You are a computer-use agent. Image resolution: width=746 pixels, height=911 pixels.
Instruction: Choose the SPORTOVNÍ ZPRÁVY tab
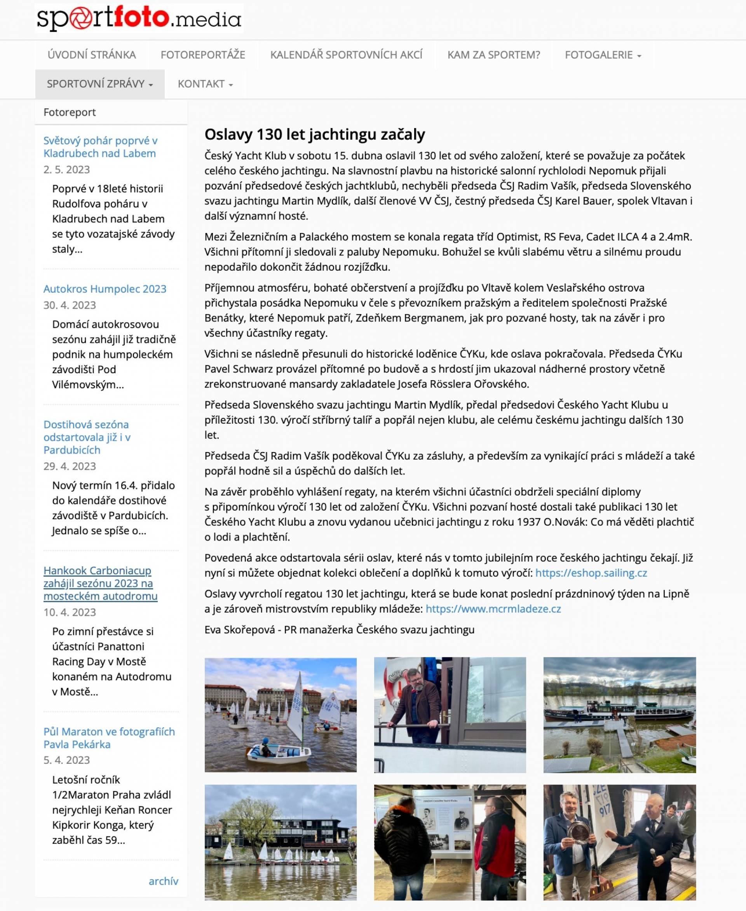100,84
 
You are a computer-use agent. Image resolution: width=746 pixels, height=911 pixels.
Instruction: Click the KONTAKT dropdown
205,84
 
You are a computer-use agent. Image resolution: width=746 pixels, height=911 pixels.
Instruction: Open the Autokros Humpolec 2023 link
105,289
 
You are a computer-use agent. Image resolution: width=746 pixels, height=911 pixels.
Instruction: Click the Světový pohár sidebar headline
100,147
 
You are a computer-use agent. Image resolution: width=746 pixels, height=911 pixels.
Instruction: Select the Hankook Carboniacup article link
100,583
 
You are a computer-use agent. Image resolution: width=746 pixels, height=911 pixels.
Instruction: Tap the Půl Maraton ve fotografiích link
109,737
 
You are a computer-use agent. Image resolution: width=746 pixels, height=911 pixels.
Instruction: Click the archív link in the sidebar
163,881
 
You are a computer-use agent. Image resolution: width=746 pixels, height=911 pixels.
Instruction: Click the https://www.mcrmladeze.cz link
493,608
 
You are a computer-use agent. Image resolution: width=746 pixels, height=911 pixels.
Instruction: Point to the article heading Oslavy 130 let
315,134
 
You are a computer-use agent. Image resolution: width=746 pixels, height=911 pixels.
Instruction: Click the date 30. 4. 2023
70,305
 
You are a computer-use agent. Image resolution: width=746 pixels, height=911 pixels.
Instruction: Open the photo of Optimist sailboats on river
280,715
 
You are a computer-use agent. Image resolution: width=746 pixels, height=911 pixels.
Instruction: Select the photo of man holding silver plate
619,842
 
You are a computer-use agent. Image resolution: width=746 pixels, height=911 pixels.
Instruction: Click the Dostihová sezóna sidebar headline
87,437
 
